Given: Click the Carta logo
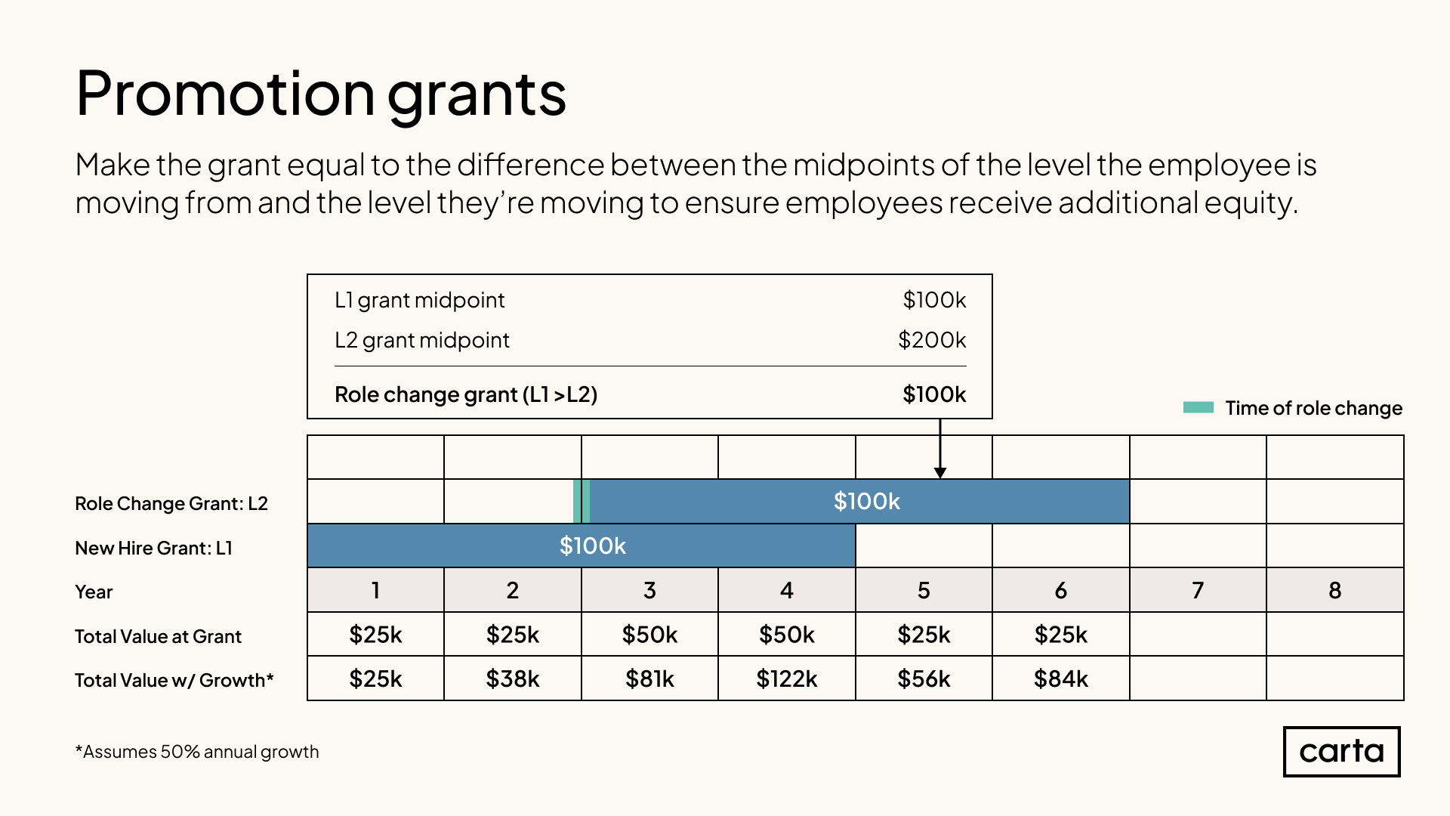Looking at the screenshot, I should point(1341,751).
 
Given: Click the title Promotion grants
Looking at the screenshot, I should point(321,94).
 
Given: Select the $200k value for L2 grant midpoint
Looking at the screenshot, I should point(932,340).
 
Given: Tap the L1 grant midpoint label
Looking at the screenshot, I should point(419,300).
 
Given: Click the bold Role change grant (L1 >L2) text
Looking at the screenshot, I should point(466,394).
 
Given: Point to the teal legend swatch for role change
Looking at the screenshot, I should point(1198,408).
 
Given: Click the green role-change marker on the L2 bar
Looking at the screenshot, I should point(582,501).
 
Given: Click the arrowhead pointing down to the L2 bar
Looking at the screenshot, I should point(940,472).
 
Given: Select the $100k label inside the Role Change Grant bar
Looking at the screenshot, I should point(866,501).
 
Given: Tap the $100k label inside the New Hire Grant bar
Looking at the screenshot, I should point(592,546).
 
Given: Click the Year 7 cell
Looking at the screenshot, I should point(1198,590).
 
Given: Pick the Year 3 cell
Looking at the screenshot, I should point(649,590).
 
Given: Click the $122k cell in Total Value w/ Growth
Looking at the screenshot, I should point(786,678).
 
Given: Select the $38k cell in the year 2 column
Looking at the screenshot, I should point(512,678).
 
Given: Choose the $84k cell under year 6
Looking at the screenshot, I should point(1060,678).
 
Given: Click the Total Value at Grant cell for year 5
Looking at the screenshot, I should point(924,635).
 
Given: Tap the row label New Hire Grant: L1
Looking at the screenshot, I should point(153,548).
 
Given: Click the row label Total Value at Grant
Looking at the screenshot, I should point(158,636).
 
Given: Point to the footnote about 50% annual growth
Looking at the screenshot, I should point(197,752).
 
